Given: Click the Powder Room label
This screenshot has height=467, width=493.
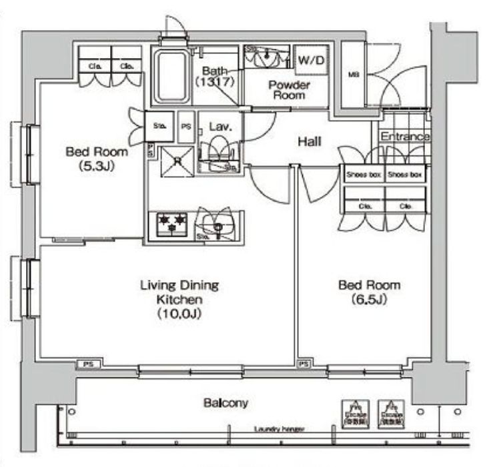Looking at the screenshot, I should tap(289, 90).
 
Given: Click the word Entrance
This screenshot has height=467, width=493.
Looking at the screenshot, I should tap(405, 136).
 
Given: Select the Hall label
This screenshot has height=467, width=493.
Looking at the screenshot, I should tap(310, 141).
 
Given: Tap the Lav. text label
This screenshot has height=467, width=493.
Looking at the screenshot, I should tap(219, 125).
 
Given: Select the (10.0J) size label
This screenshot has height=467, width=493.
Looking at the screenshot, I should tap(179, 313).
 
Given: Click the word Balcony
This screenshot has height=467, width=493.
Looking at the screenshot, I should tap(225, 403).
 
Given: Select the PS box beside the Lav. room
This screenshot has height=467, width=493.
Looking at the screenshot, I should tap(187, 125).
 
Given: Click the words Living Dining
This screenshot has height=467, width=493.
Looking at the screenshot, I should tap(179, 286).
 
